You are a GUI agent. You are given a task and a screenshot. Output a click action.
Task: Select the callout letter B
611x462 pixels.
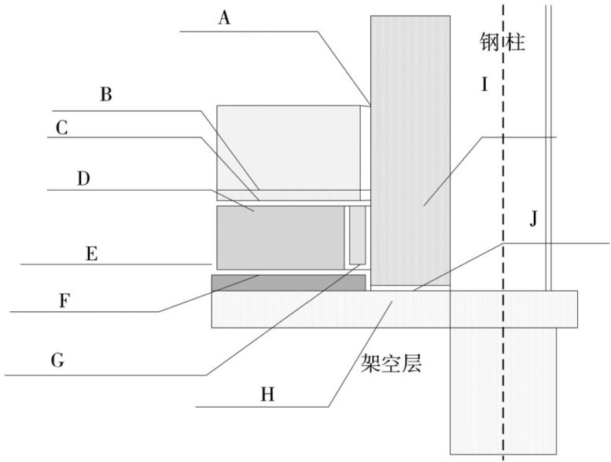106,95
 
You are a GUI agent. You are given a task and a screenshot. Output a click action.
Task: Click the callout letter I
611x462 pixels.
485,84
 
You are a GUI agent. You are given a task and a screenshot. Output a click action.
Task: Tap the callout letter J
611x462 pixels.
533,219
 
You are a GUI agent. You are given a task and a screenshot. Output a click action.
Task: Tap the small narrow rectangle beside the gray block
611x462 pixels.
358,235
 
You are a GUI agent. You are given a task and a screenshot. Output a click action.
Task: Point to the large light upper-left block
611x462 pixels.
287,147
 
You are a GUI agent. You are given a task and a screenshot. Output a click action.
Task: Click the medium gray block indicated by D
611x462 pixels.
280,236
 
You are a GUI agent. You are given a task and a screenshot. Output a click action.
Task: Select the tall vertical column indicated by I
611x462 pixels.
410,149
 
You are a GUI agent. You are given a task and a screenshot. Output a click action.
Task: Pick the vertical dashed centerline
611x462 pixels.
503,236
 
